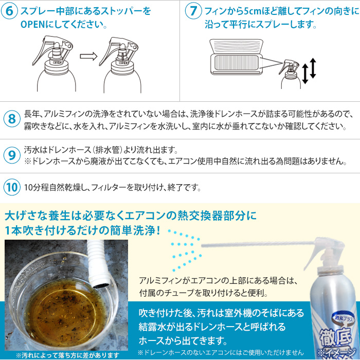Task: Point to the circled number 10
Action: coord(12,187)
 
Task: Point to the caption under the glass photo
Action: coord(67,355)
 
